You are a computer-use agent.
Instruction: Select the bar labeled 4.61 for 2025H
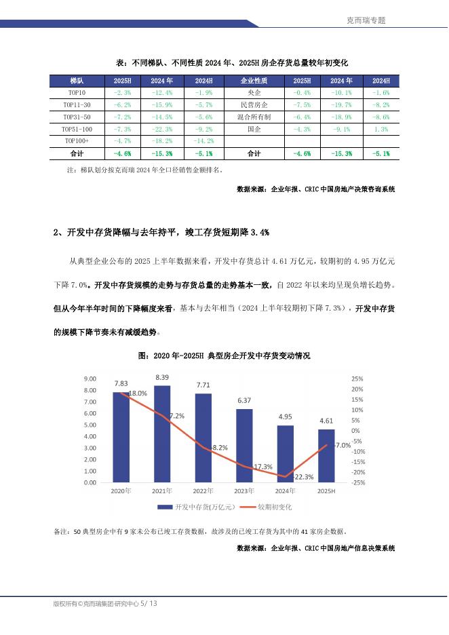pos(326,456)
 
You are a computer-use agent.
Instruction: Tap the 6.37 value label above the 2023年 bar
pos(245,400)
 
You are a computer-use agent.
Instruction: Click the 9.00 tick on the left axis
pos(90,379)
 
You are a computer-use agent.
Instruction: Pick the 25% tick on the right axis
pos(357,379)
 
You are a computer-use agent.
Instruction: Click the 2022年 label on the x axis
pos(203,490)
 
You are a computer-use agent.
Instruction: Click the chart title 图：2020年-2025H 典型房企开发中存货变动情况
pos(224,355)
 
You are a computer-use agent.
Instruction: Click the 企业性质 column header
pos(254,80)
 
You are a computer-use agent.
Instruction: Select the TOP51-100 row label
pos(76,129)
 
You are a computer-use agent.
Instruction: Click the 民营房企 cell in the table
pos(254,105)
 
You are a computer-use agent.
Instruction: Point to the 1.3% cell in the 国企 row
pos(380,129)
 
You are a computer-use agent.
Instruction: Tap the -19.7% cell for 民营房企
pos(340,105)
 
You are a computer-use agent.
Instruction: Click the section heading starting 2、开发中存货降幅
pos(161,233)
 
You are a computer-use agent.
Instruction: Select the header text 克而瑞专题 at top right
pos(366,21)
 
